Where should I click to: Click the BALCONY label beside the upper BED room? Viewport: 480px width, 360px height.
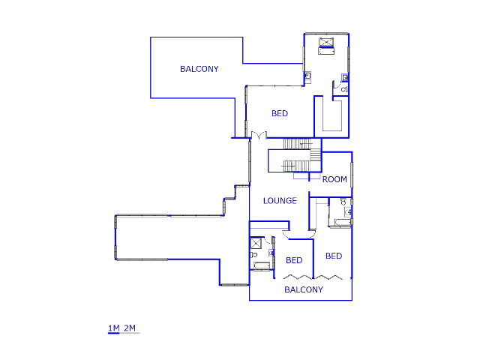[x=199, y=69]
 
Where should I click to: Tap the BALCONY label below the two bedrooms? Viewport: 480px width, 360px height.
[x=304, y=289]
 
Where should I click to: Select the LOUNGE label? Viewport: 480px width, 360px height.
[x=280, y=201]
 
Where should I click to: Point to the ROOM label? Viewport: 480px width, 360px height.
[x=334, y=179]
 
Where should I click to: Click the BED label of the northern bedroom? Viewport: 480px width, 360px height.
[x=280, y=113]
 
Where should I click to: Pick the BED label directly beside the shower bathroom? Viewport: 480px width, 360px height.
[x=294, y=260]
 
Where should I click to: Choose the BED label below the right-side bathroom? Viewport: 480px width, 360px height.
[x=334, y=256]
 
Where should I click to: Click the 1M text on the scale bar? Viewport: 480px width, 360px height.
[x=114, y=328]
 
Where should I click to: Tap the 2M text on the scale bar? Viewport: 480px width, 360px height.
[x=130, y=328]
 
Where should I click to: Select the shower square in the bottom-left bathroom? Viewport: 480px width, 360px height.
[x=256, y=244]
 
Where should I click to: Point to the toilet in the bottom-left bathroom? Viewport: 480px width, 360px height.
[x=254, y=255]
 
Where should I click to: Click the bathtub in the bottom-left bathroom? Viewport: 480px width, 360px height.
[x=261, y=265]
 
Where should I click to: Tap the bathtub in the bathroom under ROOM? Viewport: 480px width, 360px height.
[x=342, y=222]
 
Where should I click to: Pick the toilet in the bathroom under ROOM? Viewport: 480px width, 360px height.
[x=343, y=202]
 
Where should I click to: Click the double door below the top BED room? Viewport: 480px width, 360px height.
[x=259, y=135]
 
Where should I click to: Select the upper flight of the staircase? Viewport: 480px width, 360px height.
[x=298, y=144]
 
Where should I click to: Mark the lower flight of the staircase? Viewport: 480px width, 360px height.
[x=296, y=166]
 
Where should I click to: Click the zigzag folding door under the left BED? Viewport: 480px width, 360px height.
[x=298, y=277]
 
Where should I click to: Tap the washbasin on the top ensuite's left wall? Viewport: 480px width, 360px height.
[x=307, y=76]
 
